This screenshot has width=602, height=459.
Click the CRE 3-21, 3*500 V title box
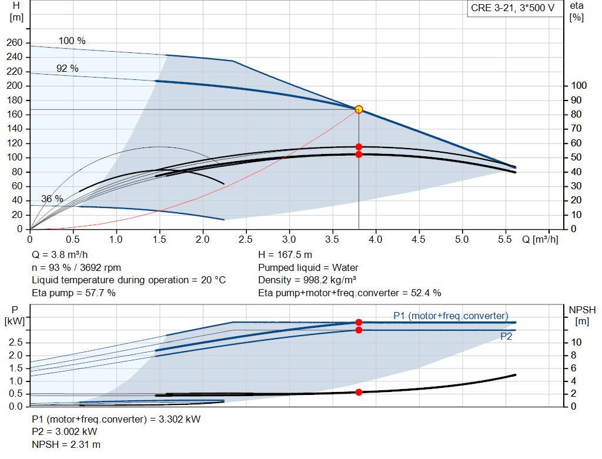click(513, 8)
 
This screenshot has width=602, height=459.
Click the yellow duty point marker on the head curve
click(359, 109)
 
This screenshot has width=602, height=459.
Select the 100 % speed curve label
click(72, 41)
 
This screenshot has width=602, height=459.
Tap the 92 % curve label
click(67, 68)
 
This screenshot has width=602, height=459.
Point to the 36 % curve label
click(52, 199)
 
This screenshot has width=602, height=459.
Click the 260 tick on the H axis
click(15, 43)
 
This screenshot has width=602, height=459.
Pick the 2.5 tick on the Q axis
click(246, 240)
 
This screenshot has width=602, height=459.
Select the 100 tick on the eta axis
click(578, 86)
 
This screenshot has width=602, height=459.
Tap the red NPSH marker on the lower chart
click(359, 392)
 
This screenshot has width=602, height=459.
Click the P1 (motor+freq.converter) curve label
click(450, 316)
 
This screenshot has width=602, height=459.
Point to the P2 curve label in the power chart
click(506, 337)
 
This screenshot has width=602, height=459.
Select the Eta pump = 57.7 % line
click(73, 292)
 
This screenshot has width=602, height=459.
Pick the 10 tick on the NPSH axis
click(577, 343)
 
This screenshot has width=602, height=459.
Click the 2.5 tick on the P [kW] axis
click(16, 343)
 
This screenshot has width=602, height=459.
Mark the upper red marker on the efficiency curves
click(359, 147)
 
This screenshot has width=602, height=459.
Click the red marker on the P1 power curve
click(359, 322)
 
